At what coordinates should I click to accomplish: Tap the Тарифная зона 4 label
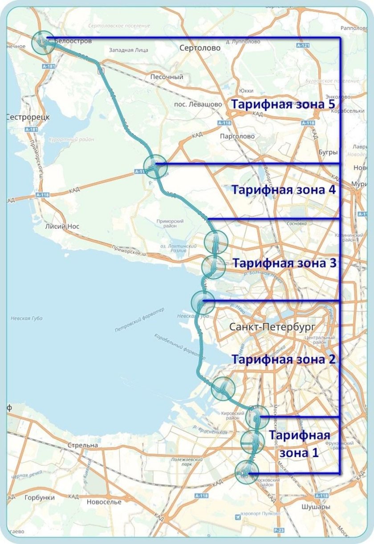tap(283, 189)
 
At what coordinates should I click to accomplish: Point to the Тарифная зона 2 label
tap(283, 359)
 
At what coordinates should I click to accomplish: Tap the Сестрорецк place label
tap(28, 117)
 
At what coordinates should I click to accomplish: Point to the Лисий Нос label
tap(62, 227)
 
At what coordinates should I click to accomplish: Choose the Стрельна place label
tap(82, 445)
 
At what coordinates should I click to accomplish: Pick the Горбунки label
tap(40, 498)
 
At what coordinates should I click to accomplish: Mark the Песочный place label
tap(167, 77)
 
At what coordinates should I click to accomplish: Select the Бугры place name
tap(328, 152)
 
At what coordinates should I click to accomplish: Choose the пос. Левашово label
tap(199, 104)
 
